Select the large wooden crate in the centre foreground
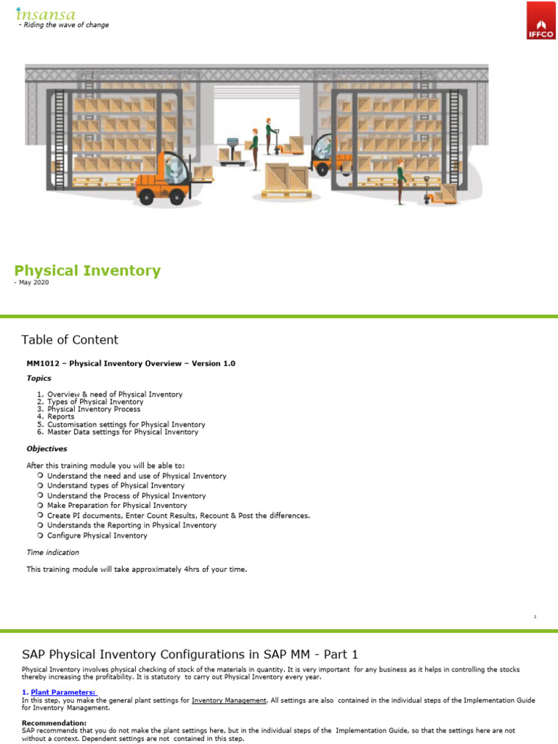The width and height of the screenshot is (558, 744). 287,177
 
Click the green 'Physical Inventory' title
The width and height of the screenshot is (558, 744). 87,271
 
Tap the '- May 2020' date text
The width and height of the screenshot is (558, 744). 31,283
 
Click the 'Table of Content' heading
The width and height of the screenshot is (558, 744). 70,339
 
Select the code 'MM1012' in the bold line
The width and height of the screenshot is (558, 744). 43,363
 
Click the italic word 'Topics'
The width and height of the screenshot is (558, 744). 39,378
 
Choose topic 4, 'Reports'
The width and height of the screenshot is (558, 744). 60,417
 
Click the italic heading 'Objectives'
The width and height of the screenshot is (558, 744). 46,448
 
